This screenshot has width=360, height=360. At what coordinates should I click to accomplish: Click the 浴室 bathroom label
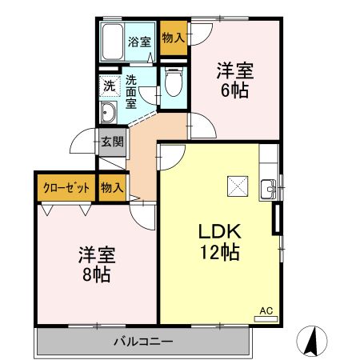pos(139,42)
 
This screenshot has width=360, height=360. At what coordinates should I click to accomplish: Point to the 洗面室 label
pos(131,91)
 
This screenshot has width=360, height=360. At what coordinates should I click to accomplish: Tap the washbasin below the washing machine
pos(108,112)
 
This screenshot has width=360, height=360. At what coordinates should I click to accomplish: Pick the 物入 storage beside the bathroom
pos(173,38)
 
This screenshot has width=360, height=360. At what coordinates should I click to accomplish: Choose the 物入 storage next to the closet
pos(112,187)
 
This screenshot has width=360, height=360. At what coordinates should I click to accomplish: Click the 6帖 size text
pos(234,90)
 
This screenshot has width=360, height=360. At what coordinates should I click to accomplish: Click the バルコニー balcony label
pos(142,342)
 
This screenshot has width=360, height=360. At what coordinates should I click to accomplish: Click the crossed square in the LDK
pos(236,186)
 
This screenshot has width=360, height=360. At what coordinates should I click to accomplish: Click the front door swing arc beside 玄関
pos(83,144)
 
